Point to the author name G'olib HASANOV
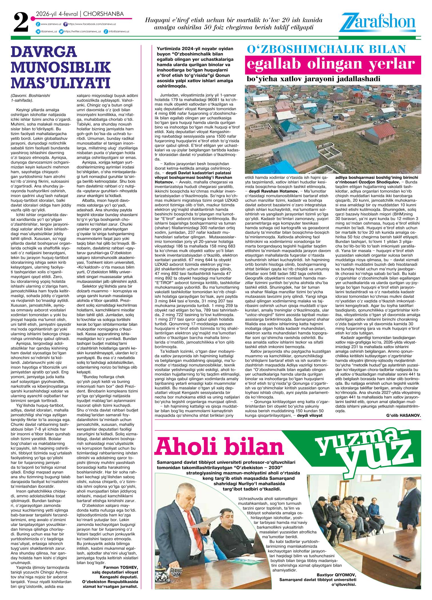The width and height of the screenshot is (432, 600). click(403, 415)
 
